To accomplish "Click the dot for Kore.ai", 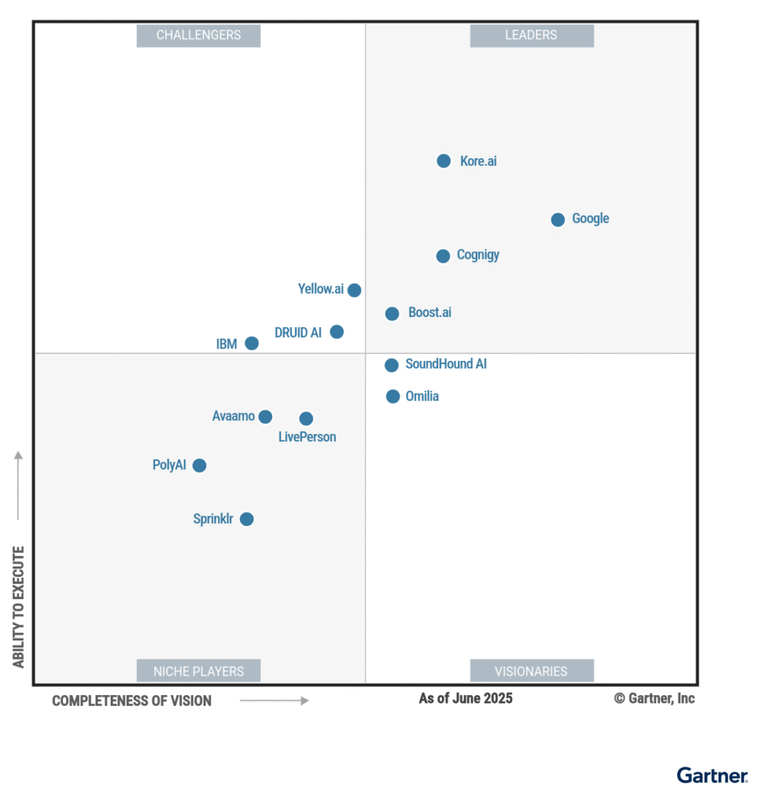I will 443,161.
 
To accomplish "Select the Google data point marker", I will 558,220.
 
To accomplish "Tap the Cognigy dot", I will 443,256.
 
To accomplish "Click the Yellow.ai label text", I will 320,290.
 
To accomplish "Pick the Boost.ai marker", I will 392,313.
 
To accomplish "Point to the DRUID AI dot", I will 337,332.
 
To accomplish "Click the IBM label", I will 227,344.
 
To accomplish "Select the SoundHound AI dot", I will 391,365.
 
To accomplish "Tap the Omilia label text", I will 422,396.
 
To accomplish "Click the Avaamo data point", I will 265,417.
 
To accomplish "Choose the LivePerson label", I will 307,437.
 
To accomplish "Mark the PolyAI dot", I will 199,465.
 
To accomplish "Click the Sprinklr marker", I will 246,519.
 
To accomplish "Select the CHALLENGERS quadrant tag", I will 198,35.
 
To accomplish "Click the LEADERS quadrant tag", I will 531,35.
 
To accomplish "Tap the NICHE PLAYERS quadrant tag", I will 198,670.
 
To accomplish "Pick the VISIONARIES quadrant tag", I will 531,670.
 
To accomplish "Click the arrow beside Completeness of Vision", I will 274,700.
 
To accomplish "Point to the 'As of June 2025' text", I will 465,698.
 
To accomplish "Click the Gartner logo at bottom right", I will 712,775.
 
